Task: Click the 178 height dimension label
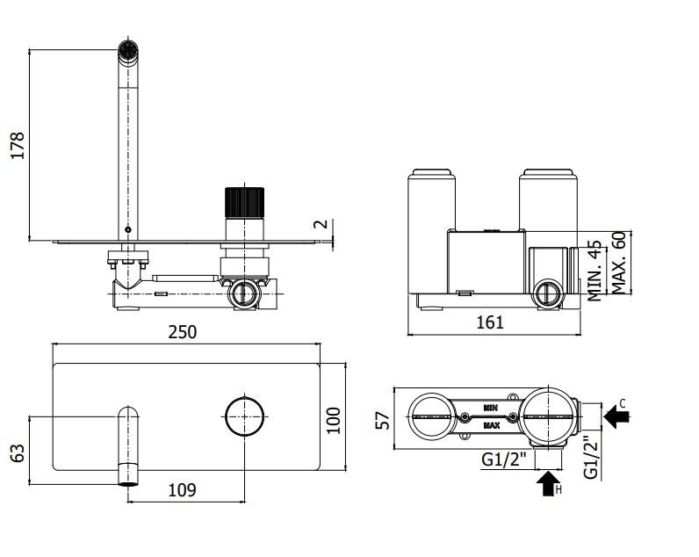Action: pos(18,145)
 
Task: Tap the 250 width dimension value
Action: pos(183,332)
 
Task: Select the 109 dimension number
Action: pos(183,490)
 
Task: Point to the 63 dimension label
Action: pos(18,453)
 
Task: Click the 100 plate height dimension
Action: pos(333,420)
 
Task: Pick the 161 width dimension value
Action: pos(490,322)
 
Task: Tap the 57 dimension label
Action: pos(383,421)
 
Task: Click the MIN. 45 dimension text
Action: pos(595,271)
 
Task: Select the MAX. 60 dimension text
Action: pos(619,263)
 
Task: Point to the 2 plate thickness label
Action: pos(321,224)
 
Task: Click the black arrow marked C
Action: pos(616,416)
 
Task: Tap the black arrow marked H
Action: pos(548,484)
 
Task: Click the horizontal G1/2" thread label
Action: pos(504,459)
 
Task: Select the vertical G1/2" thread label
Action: pos(591,457)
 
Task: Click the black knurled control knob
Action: pos(244,202)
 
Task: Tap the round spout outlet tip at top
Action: pos(128,49)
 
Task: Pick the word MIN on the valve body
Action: pos(490,408)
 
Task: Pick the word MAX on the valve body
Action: pos(491,426)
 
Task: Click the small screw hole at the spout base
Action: pos(128,229)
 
